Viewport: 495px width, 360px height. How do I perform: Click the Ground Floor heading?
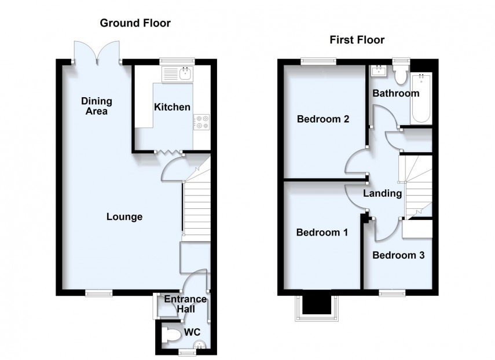coord(135,23)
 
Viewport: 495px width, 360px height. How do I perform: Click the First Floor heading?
coord(357,40)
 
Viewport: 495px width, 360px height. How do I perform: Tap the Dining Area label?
coord(97,106)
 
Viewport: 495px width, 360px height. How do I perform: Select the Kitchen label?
coord(172,106)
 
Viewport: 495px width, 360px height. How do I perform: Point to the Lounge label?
coord(124,217)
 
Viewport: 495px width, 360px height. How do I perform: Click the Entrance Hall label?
coord(185,303)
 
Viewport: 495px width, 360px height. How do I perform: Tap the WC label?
coord(192,333)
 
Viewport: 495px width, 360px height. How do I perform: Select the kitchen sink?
coord(179,74)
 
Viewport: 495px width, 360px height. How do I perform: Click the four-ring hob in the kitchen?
coord(202,122)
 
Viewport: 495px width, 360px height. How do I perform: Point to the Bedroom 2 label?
coord(322,120)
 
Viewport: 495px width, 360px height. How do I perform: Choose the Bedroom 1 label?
coord(321,233)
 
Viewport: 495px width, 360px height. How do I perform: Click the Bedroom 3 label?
coord(398,255)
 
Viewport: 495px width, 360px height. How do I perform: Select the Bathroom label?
coord(395,93)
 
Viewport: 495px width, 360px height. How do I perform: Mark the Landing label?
coord(382,193)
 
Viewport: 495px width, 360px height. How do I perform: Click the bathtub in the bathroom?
coord(421,98)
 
